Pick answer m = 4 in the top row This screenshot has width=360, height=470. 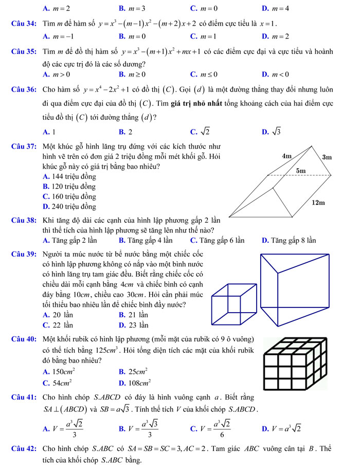(x=279, y=9)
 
